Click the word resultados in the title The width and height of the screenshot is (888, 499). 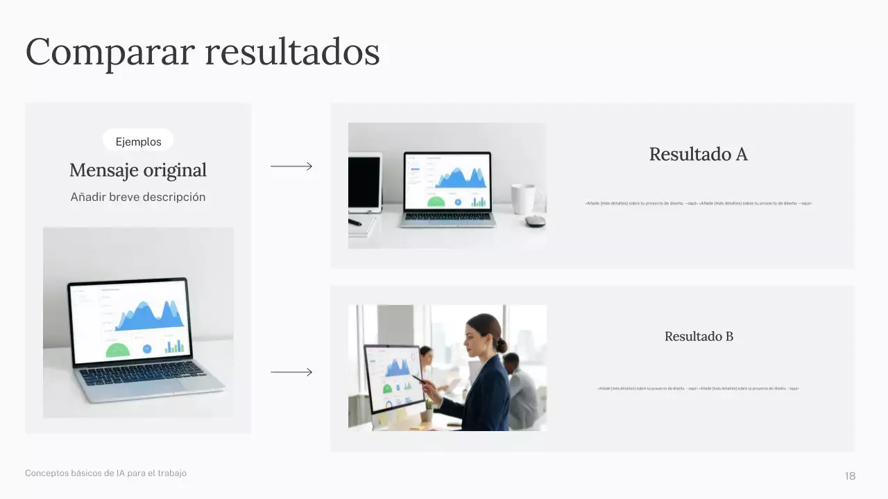coord(292,52)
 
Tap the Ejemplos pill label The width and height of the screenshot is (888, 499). coord(138,141)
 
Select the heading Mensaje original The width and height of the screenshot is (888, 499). coord(138,170)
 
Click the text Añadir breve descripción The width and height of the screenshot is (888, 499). coord(138,197)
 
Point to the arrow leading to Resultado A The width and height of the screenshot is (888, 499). coord(291,166)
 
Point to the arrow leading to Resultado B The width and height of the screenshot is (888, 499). coord(291,372)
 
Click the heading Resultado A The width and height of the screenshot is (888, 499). coord(698,155)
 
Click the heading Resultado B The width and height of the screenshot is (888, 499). coord(699,337)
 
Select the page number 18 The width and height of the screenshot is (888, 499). coord(850,476)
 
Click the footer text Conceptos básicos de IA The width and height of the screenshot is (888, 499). coord(105,473)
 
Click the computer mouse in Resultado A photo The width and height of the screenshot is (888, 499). coord(534,221)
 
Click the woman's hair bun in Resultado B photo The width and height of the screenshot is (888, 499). coord(501,344)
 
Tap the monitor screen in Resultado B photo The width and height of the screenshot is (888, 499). coord(393,378)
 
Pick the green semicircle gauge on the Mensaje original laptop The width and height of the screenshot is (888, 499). coord(118,351)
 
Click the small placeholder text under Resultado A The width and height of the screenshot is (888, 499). coord(698,204)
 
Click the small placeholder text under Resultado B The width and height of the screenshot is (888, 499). coord(698,389)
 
